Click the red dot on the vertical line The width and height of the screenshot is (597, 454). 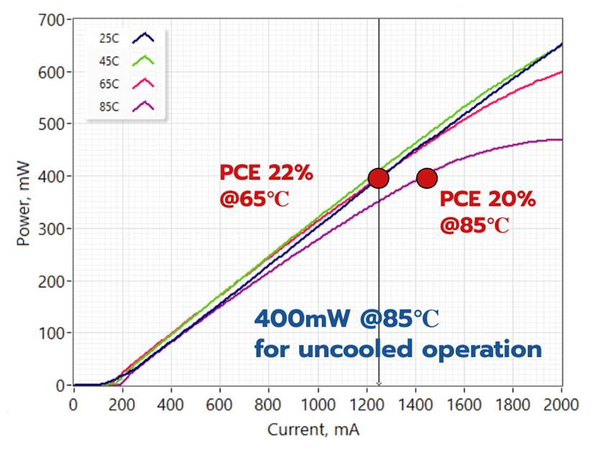[379, 178]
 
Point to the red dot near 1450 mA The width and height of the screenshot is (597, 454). [427, 178]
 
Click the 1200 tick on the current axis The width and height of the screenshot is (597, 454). [366, 404]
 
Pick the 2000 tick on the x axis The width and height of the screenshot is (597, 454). [561, 404]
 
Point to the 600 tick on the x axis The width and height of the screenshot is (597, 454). [219, 404]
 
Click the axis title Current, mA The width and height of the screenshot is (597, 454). [313, 431]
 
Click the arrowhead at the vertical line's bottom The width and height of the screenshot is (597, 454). [379, 385]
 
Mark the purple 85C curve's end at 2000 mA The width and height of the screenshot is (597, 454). [561, 140]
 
